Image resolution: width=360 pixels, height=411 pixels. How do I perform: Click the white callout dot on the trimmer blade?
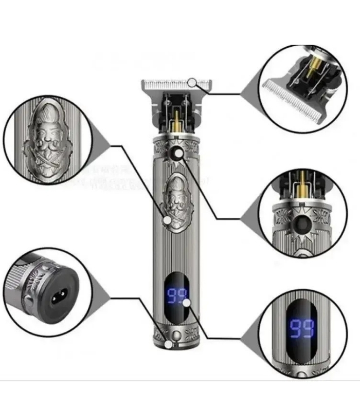coord(192,82)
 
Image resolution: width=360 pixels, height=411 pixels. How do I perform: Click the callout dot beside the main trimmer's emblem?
coord(167,220)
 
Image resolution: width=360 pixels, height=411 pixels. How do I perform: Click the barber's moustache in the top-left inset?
coord(47,143)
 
